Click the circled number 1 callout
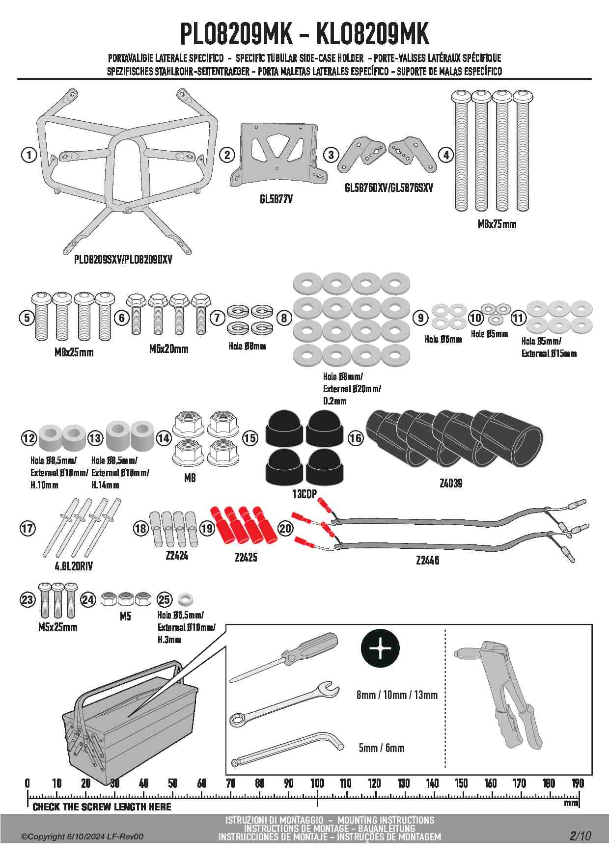click(x=29, y=155)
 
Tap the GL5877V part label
click(x=276, y=199)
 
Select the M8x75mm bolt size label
click(x=497, y=224)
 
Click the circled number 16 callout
click(x=356, y=438)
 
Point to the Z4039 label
click(x=450, y=483)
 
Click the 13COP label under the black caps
click(x=304, y=494)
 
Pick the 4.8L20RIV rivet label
click(x=74, y=566)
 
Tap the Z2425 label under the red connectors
click(x=246, y=557)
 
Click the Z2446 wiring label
click(x=427, y=560)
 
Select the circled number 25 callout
click(x=164, y=599)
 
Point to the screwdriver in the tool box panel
click(x=284, y=657)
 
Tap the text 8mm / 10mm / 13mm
click(x=397, y=695)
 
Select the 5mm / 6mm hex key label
click(x=381, y=748)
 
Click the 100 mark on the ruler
click(x=317, y=783)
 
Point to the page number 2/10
click(x=580, y=835)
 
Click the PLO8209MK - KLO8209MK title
click(x=304, y=34)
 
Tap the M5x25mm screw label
click(x=58, y=627)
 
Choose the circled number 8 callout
click(x=284, y=318)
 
